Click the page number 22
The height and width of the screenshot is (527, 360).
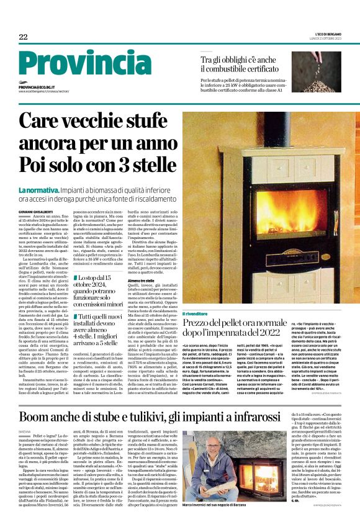click(23, 37)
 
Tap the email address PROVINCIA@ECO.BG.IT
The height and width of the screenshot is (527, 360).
click(41, 88)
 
